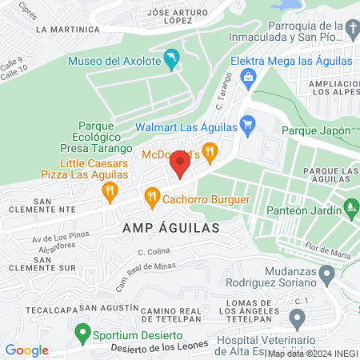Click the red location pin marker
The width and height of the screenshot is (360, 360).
point(179,166)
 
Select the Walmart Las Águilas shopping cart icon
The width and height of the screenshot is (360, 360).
point(247,124)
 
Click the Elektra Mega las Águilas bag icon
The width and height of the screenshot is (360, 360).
point(249,77)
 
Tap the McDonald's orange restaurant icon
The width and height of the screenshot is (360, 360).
point(210,150)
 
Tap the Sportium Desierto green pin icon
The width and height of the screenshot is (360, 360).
point(82,331)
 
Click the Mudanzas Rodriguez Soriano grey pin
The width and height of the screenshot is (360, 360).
point(326,276)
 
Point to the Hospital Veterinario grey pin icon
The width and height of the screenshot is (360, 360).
point(297,321)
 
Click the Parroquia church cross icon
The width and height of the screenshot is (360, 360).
point(352,30)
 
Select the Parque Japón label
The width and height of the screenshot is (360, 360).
point(317,130)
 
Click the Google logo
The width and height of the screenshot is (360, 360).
point(26,350)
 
